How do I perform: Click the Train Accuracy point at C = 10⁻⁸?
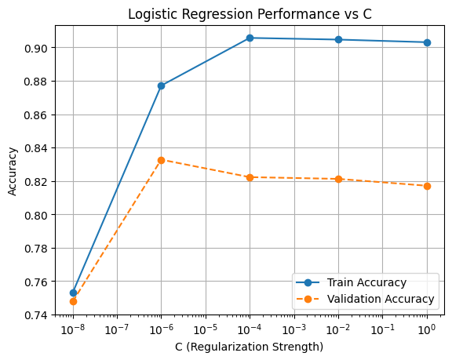coord(73,293)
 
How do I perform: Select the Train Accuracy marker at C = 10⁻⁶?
coord(161,85)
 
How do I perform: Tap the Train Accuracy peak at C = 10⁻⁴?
coord(250,38)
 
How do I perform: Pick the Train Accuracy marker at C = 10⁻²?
coord(338,39)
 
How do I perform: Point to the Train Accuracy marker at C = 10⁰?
coord(427,42)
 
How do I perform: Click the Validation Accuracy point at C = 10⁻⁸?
coord(73,301)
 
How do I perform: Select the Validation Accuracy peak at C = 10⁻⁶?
coord(161,160)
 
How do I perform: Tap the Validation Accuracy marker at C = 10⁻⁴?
coord(250,177)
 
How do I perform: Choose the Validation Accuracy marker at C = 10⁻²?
coord(338,179)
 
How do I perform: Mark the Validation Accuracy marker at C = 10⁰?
coord(427,186)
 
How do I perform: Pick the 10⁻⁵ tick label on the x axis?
coord(206,329)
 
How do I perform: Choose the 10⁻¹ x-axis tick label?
coord(383,329)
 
